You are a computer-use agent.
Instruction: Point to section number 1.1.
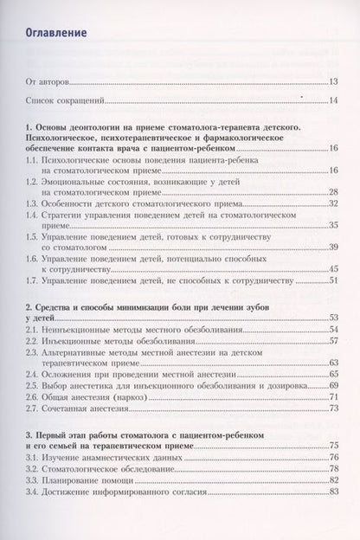(x=32, y=160)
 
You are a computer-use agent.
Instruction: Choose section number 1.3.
(x=32, y=202)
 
